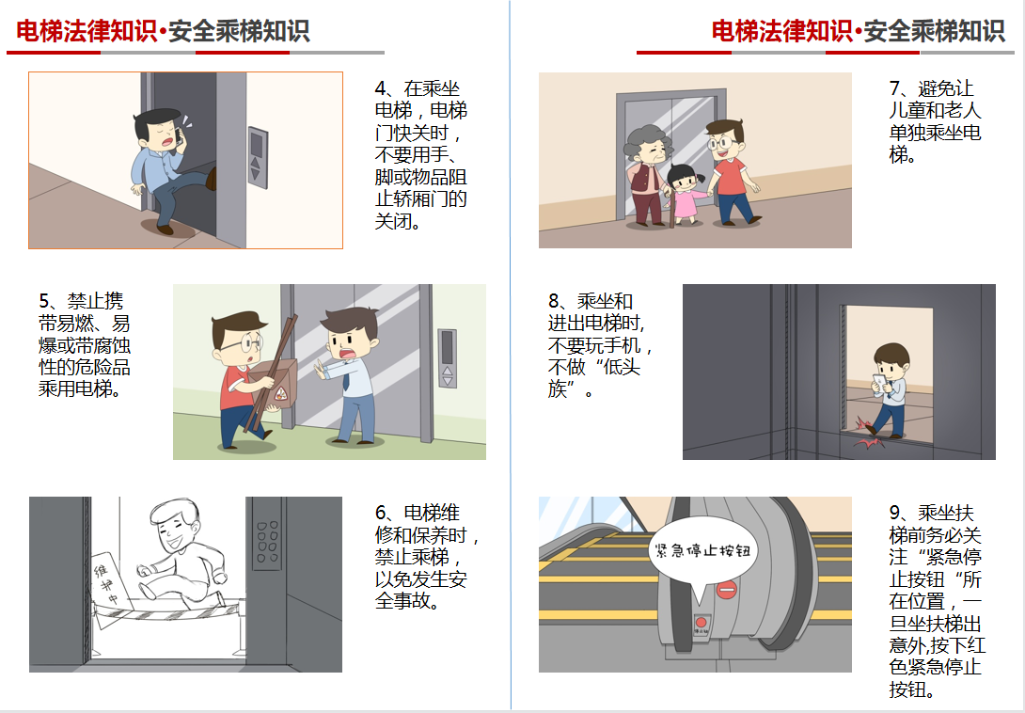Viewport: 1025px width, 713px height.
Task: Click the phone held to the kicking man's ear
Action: click(x=178, y=135)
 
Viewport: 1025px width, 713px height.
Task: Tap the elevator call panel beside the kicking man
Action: click(x=258, y=158)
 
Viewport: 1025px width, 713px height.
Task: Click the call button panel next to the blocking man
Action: click(x=447, y=358)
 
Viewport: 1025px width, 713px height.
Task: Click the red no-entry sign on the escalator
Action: click(x=726, y=590)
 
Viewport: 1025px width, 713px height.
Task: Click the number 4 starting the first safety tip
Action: click(x=380, y=89)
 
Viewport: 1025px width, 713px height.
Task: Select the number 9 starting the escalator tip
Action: click(x=894, y=513)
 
